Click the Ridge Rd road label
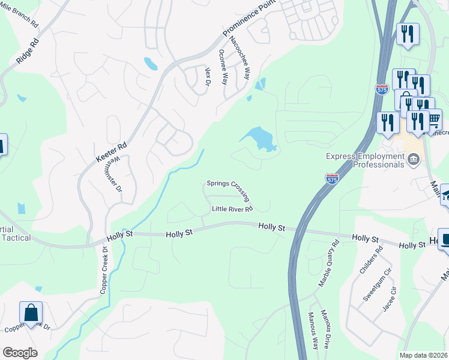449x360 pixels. pyautogui.click(x=28, y=51)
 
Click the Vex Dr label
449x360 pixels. pyautogui.click(x=208, y=76)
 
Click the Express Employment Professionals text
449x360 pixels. pyautogui.click(x=365, y=160)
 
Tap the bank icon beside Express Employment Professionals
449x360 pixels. pyautogui.click(x=413, y=159)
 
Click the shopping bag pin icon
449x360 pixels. pyautogui.click(x=31, y=313)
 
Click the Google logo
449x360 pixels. pyautogui.click(x=20, y=353)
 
